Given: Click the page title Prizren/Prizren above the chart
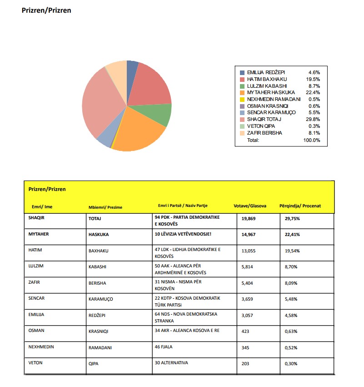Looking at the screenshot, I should coord(46,10).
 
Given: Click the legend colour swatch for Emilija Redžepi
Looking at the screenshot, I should coord(242,72).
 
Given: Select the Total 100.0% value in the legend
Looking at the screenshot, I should coord(312,140).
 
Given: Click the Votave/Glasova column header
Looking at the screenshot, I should coord(249,206).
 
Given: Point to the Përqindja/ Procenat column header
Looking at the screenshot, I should coord(300,206).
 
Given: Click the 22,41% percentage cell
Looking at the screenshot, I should coord(292,235).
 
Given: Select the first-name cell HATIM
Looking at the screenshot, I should coord(35,250).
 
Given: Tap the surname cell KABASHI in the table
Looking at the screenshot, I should coord(97,266).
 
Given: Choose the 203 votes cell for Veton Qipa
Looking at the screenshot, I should coord(245,363).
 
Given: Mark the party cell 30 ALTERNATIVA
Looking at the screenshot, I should coord(171,363).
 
